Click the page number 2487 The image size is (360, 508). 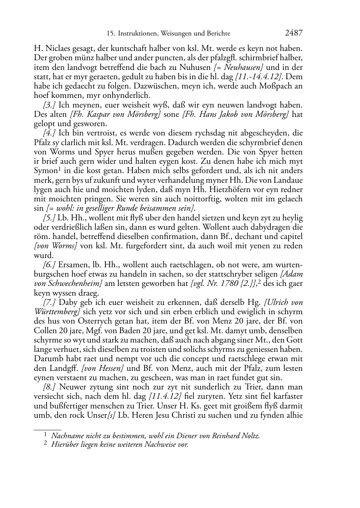point(294,33)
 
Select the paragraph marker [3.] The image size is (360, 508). point(49,105)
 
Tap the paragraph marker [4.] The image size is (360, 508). point(49,133)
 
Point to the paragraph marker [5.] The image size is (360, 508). point(49,218)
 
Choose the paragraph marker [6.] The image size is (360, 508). point(49,265)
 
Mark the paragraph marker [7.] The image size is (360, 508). point(49,302)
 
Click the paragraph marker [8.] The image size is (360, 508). point(49,387)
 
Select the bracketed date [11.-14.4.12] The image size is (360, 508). point(258,77)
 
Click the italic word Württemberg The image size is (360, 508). point(56,312)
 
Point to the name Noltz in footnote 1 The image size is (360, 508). point(251,436)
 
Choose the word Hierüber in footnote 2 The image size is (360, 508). point(64,445)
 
